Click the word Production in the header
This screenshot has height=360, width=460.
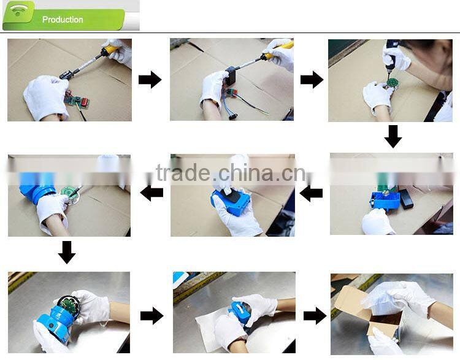(x=63, y=20)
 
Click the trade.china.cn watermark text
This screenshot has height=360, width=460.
(x=231, y=173)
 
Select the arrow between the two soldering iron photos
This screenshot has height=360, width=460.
(x=150, y=80)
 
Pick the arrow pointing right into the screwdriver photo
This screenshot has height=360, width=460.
(x=312, y=80)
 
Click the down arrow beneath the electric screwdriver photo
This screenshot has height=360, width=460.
(x=393, y=137)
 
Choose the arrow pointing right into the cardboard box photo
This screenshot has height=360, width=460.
(x=315, y=316)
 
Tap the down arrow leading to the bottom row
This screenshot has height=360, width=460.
(x=67, y=252)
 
